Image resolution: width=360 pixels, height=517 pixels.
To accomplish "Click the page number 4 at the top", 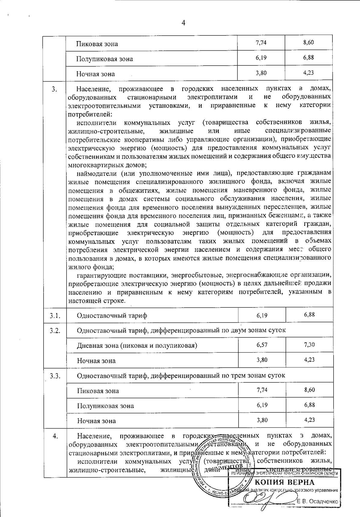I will (x=183, y=23).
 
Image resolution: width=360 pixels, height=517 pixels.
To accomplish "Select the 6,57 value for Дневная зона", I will (x=262, y=345).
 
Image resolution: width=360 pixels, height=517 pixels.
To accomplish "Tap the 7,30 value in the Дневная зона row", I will (x=309, y=345).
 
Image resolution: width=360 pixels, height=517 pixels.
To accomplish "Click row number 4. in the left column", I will (x=55, y=436).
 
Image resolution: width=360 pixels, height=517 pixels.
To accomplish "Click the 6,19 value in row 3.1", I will (x=262, y=315).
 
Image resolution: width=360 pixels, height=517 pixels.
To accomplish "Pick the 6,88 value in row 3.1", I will (x=309, y=314).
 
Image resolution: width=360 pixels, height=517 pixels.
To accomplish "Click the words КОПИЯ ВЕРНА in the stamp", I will (x=285, y=483).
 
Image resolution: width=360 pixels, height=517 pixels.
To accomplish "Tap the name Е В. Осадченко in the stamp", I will (x=317, y=501).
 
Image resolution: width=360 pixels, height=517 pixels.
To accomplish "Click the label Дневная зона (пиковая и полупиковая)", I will (x=137, y=345).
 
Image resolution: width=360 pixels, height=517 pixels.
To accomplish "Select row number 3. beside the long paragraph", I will (x=54, y=89).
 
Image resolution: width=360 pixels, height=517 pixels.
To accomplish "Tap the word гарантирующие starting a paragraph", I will (x=101, y=275).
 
